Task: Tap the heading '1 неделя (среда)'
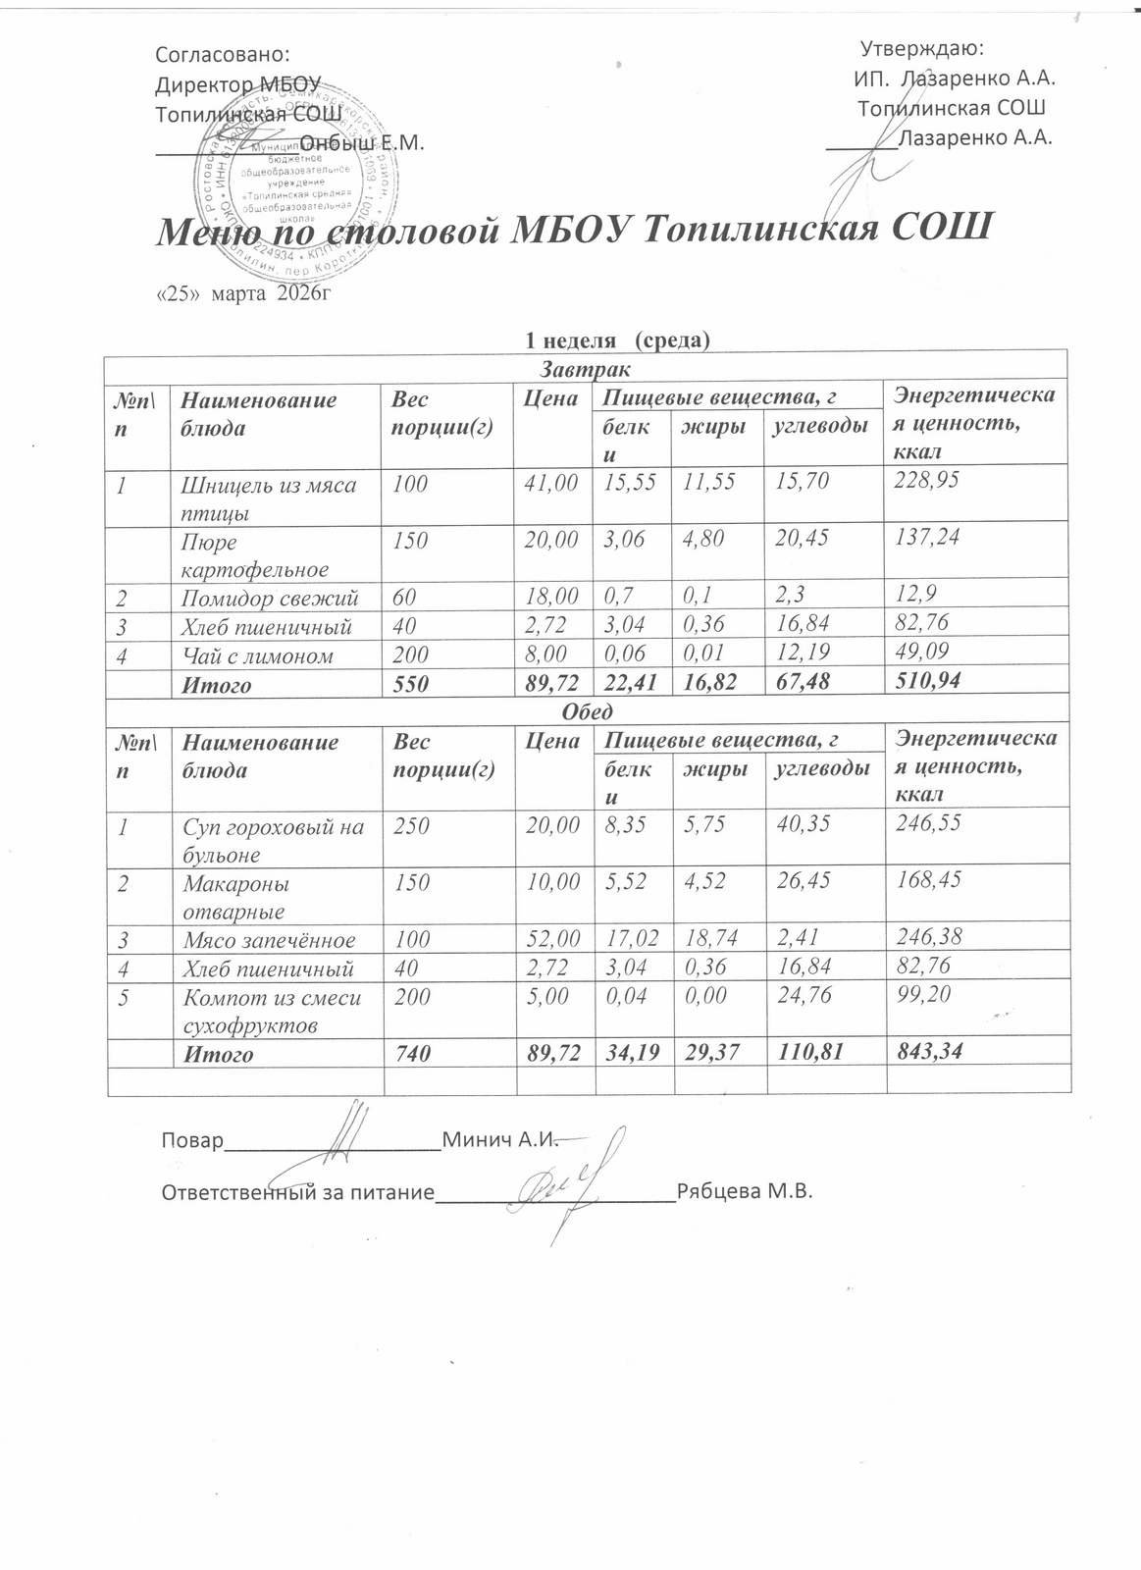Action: click(x=618, y=340)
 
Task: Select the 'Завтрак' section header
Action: click(x=586, y=369)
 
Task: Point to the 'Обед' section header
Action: click(x=587, y=710)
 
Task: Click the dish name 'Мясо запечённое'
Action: click(x=269, y=940)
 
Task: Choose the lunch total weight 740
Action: click(x=410, y=1054)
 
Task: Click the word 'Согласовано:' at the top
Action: click(x=224, y=55)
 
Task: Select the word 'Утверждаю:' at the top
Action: click(x=922, y=48)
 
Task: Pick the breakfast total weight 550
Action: click(x=410, y=685)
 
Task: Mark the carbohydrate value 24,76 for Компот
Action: click(x=803, y=997)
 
